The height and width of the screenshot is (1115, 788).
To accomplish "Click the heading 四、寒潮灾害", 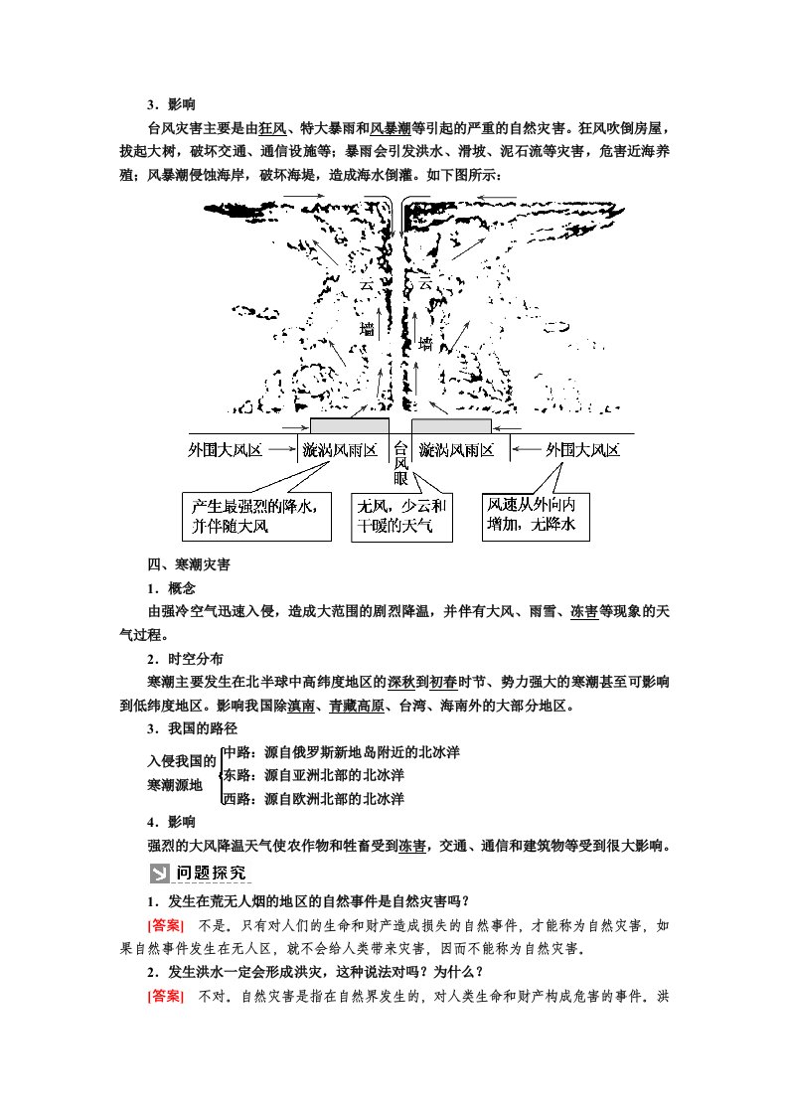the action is pyautogui.click(x=189, y=564).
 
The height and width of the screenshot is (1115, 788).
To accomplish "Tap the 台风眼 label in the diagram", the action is pyautogui.click(x=401, y=463).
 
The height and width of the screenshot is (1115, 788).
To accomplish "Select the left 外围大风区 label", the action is pyautogui.click(x=225, y=450).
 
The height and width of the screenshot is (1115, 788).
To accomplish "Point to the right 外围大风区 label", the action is pyautogui.click(x=582, y=450).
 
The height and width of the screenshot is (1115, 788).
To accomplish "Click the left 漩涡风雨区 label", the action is pyautogui.click(x=340, y=450).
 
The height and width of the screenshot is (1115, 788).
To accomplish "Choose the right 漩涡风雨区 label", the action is pyautogui.click(x=456, y=450).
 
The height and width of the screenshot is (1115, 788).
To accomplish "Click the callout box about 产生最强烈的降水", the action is pyautogui.click(x=256, y=516).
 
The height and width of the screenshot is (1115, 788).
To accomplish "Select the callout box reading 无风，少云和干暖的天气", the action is pyautogui.click(x=401, y=517).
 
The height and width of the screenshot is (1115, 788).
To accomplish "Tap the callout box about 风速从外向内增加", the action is pyautogui.click(x=536, y=516).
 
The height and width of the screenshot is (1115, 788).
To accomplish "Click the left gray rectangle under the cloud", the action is pyautogui.click(x=349, y=426).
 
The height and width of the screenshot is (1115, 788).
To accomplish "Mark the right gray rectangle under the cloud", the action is pyautogui.click(x=451, y=426).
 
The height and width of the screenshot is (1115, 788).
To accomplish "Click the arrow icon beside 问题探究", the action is pyautogui.click(x=159, y=874).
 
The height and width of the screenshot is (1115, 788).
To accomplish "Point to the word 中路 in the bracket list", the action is pyautogui.click(x=238, y=752).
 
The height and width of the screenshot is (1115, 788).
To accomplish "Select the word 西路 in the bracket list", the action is pyautogui.click(x=238, y=799).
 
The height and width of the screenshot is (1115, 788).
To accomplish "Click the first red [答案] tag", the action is pyautogui.click(x=166, y=926).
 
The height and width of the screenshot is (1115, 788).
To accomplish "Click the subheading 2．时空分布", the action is pyautogui.click(x=185, y=659).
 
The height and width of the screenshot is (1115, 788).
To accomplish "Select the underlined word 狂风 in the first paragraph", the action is pyautogui.click(x=272, y=129).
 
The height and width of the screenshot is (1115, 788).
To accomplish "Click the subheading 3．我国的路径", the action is pyautogui.click(x=192, y=728).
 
